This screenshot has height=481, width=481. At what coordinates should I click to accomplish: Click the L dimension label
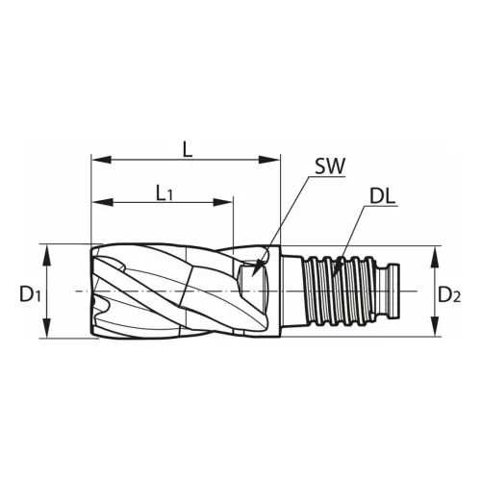coord(188,149)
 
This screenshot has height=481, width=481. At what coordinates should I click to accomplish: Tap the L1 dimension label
coord(165,193)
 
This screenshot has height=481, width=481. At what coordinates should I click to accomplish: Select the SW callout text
coord(330,165)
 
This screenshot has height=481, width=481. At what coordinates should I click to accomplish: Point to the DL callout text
coord(382,196)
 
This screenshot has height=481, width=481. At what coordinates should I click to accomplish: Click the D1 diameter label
coord(30,294)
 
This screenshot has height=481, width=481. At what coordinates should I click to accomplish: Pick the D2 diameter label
coord(449,294)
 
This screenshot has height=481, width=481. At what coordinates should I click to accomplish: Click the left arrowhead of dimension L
coord(101,160)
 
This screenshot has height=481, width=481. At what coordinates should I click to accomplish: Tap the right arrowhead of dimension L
coord(270,160)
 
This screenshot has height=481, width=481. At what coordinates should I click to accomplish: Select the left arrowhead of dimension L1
coord(102,202)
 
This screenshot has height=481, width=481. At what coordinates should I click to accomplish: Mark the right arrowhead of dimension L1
coord(222,202)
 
